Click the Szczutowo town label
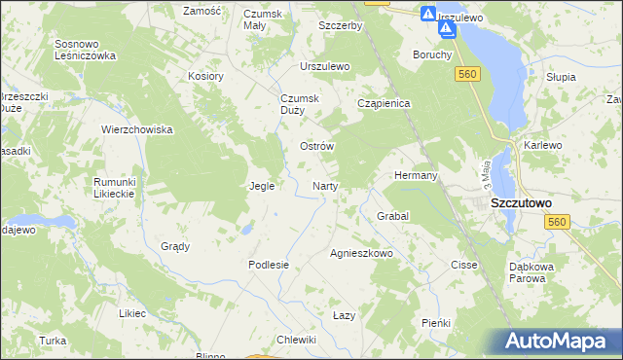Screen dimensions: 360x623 click(521, 202)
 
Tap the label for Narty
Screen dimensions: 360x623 click(324, 185)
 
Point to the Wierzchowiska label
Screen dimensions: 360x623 click(137, 128)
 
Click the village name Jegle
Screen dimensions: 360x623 click(262, 185)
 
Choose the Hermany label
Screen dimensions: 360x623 click(415, 175)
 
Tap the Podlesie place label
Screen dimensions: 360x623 click(269, 264)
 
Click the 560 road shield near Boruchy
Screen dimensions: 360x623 click(468, 74)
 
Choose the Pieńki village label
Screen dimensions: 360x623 click(435, 322)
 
